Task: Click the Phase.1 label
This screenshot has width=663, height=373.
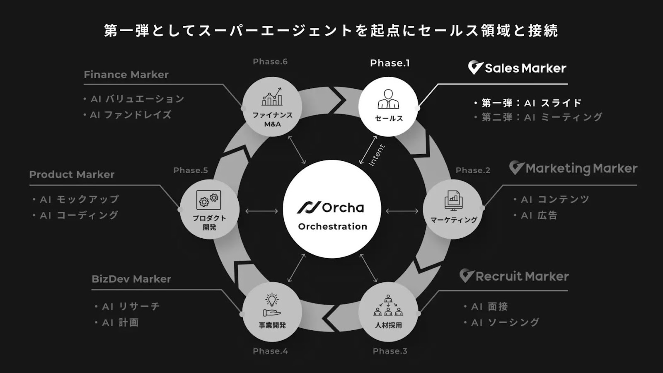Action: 390,63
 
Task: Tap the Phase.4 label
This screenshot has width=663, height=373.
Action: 270,351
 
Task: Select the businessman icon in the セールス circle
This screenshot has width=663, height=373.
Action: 388,99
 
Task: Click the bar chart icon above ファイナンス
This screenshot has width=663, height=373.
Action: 272,97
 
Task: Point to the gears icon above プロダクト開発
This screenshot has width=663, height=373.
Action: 209,200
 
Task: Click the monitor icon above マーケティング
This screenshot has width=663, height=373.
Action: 453,201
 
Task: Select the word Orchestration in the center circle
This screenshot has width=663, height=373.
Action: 332,226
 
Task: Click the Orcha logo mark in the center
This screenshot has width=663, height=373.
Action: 309,207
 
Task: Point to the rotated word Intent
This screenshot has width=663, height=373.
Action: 377,155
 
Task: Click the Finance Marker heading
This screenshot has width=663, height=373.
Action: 126,75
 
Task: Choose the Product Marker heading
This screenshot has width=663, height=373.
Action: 72,174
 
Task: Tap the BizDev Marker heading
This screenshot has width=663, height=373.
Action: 131,279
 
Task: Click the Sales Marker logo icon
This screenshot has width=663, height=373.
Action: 475,68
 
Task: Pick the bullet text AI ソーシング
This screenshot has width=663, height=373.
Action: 505,322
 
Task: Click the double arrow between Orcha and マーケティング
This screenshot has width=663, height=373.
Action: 402,211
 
